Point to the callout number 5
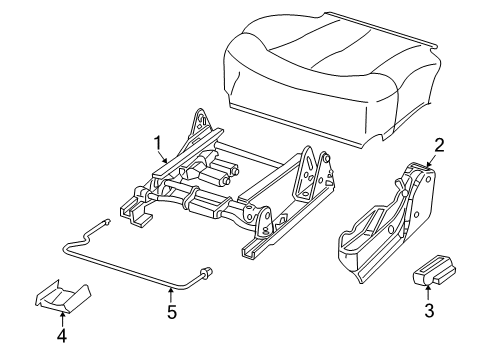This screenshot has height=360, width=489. [172, 311]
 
